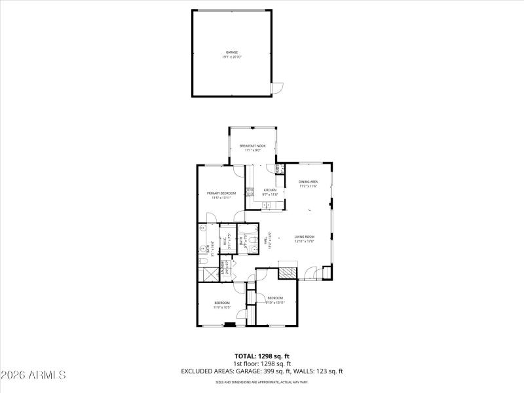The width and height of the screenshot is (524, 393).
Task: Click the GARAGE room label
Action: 232,52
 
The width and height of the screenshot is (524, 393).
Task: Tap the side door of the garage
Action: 278,87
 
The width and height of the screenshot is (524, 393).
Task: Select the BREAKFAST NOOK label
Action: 252,145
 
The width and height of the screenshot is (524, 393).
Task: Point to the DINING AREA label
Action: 308,181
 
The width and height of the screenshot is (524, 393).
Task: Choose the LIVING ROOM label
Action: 305,236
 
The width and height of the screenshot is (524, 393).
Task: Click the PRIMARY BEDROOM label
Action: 221,193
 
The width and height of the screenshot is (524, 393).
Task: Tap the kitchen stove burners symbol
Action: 250,192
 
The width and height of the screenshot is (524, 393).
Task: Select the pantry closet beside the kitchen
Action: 279,169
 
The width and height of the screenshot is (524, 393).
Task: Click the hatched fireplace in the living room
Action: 288,272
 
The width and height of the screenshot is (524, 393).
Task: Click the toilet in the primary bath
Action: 203,261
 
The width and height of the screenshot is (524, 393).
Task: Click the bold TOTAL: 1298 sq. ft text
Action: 262,356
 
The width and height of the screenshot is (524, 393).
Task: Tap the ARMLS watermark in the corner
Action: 34,375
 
